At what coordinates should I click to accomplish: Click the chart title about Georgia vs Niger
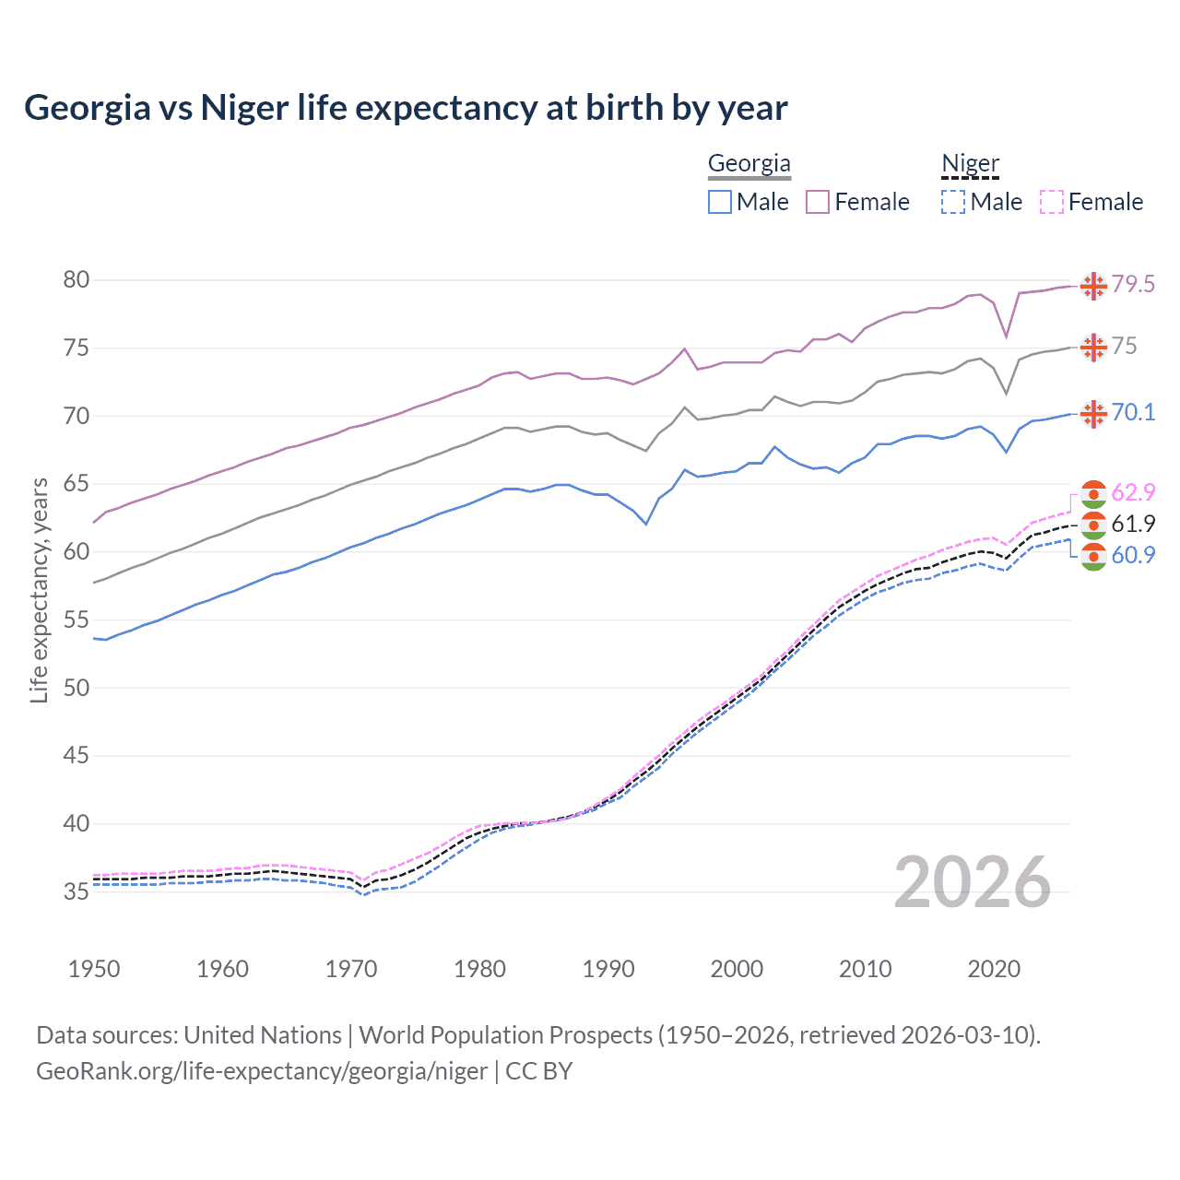click(406, 108)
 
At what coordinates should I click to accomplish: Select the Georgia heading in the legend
click(749, 164)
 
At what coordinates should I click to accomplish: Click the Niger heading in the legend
click(970, 164)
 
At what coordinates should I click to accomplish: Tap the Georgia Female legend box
click(818, 202)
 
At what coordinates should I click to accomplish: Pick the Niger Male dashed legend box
click(953, 202)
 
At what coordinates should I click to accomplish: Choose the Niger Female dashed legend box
click(1052, 202)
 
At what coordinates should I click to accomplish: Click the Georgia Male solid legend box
click(720, 202)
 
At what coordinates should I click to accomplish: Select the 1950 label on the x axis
click(94, 969)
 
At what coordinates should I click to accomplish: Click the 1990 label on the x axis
click(608, 969)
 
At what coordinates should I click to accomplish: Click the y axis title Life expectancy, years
click(39, 590)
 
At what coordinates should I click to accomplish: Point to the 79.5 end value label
click(1133, 285)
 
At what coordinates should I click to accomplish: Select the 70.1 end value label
click(1133, 412)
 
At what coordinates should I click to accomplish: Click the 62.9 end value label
click(1133, 492)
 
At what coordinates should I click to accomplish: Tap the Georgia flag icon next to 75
click(1093, 348)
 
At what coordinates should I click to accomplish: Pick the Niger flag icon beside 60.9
click(1093, 556)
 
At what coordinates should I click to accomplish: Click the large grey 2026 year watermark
click(973, 882)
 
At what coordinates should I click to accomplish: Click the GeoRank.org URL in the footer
click(262, 1071)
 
